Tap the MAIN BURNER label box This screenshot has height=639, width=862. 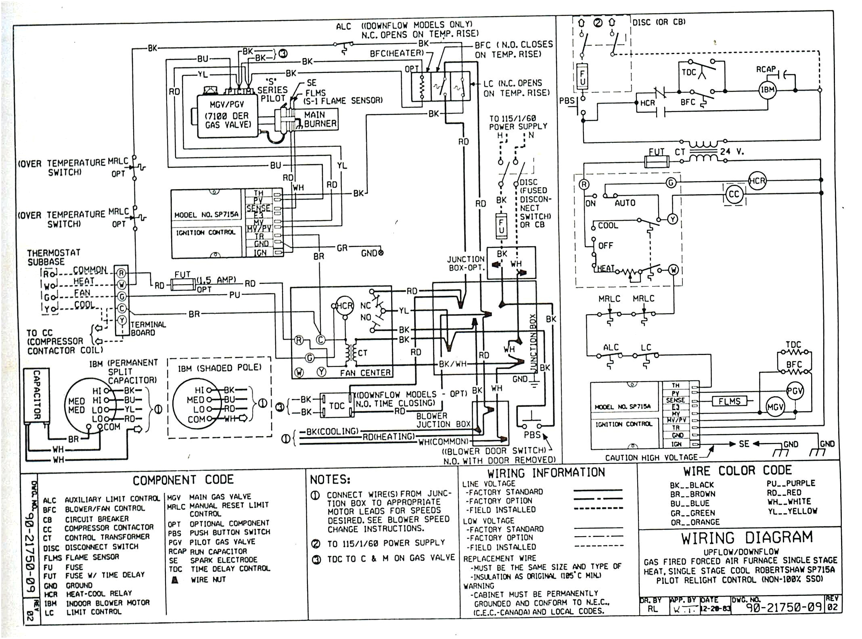(320, 119)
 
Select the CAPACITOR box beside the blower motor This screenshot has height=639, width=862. (36, 395)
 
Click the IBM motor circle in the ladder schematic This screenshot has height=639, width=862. (768, 90)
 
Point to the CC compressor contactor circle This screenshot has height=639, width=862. (734, 194)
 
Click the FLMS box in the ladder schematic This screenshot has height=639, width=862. (729, 401)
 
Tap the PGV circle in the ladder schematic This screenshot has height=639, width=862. (795, 390)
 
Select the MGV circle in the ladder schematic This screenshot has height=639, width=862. (775, 407)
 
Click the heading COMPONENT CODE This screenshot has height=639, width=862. (183, 480)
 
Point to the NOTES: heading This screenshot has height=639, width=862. (330, 479)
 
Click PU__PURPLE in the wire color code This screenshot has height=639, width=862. (791, 483)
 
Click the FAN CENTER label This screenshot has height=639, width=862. (365, 373)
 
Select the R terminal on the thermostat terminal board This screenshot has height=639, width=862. (121, 273)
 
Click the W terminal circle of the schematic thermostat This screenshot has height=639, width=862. (673, 269)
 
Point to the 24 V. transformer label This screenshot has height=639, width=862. (732, 152)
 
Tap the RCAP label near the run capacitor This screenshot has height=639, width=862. (766, 69)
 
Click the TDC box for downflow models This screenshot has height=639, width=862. (337, 405)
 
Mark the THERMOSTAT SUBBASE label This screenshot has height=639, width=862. (54, 257)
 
